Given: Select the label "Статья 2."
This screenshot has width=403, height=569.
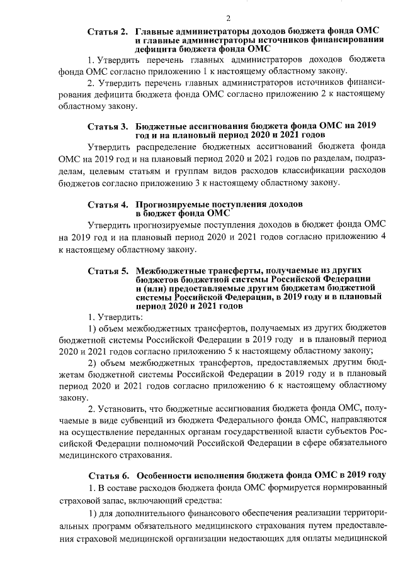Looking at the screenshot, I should [108, 31].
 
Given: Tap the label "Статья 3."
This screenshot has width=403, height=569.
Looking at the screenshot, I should [108, 126].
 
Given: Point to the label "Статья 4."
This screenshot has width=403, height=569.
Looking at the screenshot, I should [108, 205].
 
